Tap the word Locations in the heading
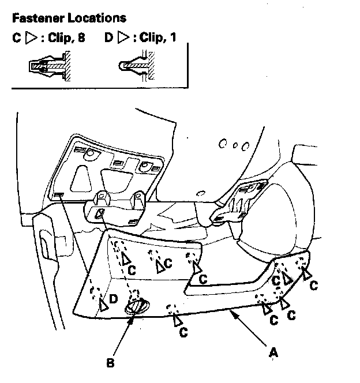(x=95, y=20)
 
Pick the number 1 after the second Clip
(x=172, y=39)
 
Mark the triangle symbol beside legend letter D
(x=122, y=39)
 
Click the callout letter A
(x=272, y=350)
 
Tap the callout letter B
(x=110, y=363)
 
